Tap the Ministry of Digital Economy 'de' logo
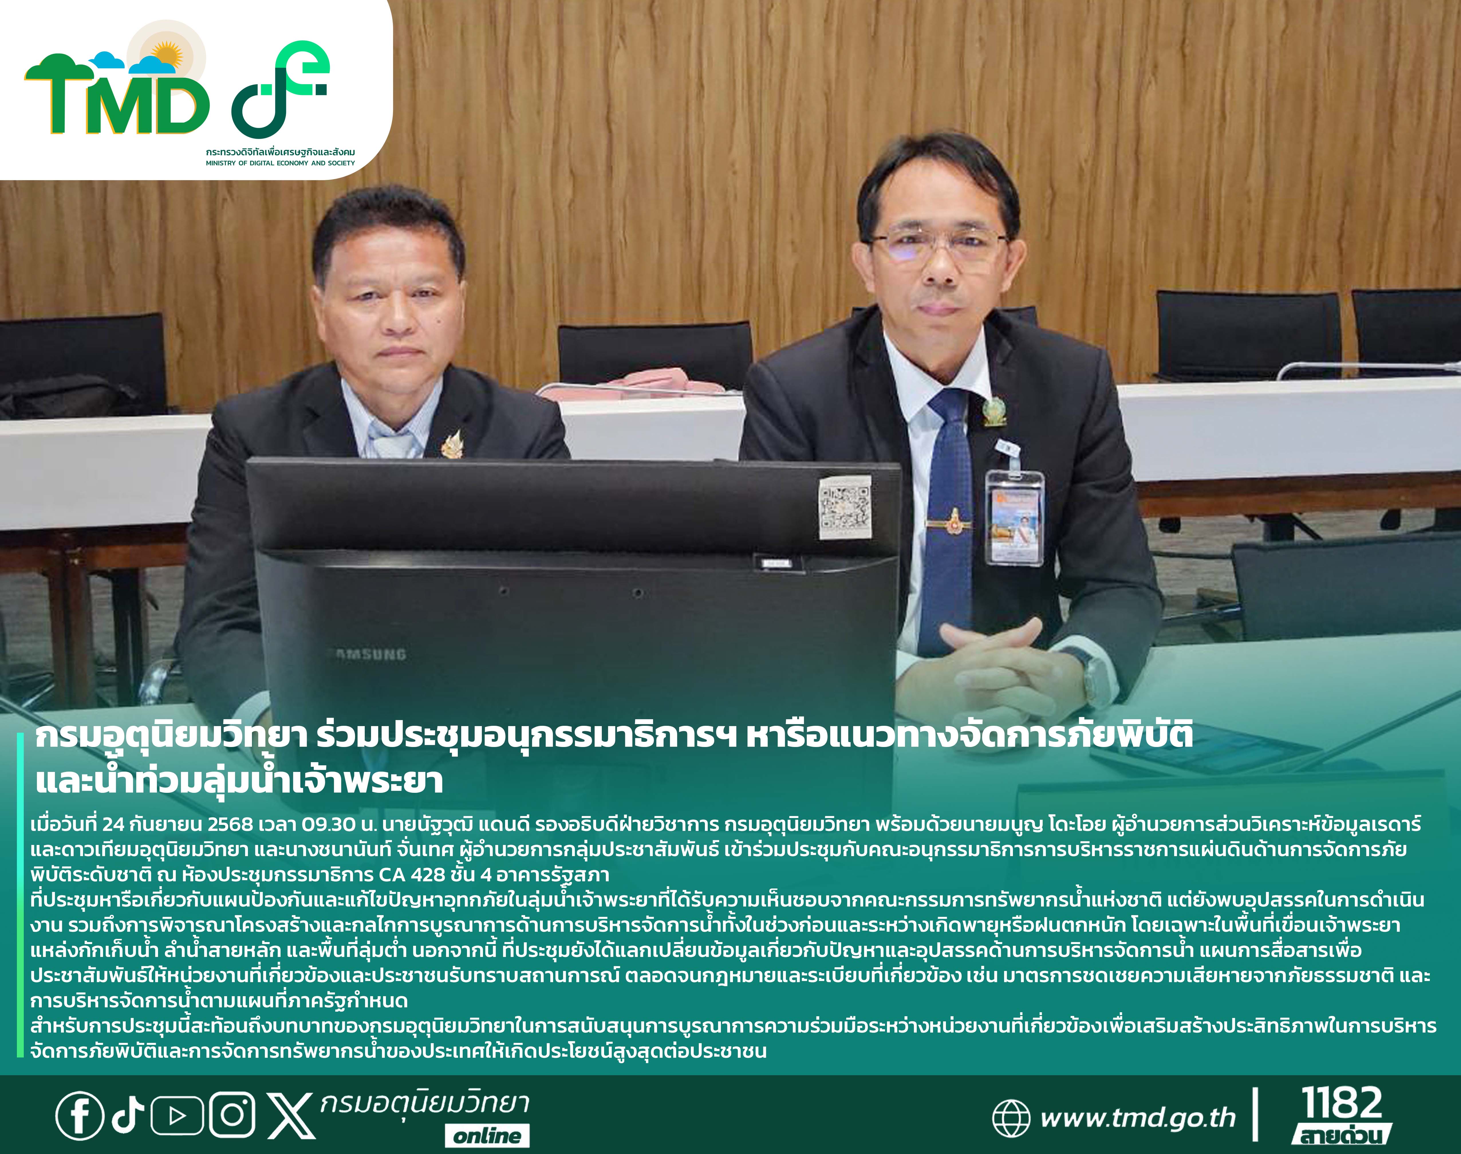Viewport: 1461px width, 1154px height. (280, 88)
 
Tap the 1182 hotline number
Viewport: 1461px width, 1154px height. (1342, 1103)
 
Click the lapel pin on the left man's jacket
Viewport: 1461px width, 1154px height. (451, 443)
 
